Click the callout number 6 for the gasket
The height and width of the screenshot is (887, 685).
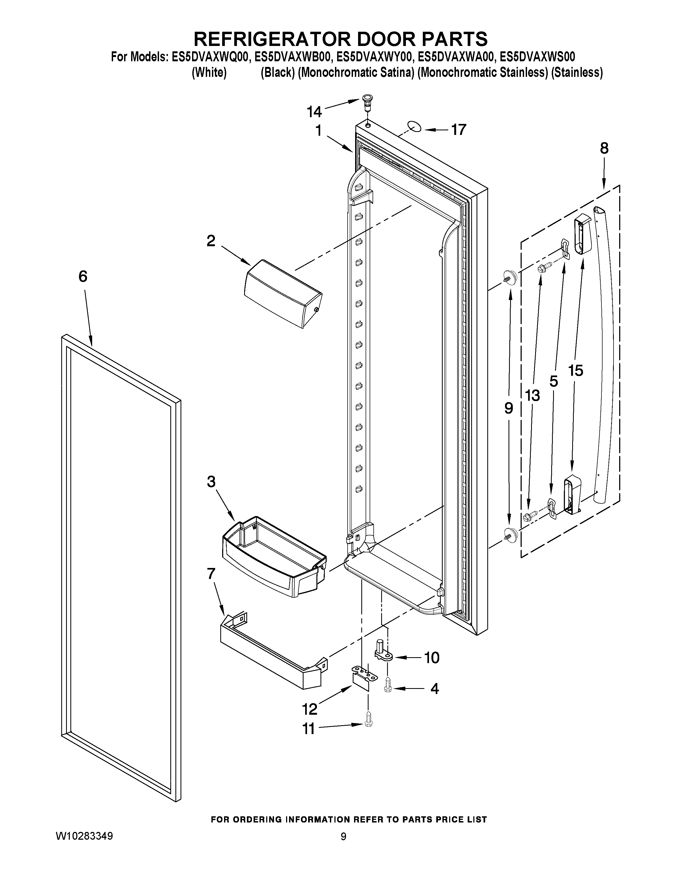[83, 277]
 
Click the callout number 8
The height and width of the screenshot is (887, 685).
[604, 149]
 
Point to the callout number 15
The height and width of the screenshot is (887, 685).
[575, 370]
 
